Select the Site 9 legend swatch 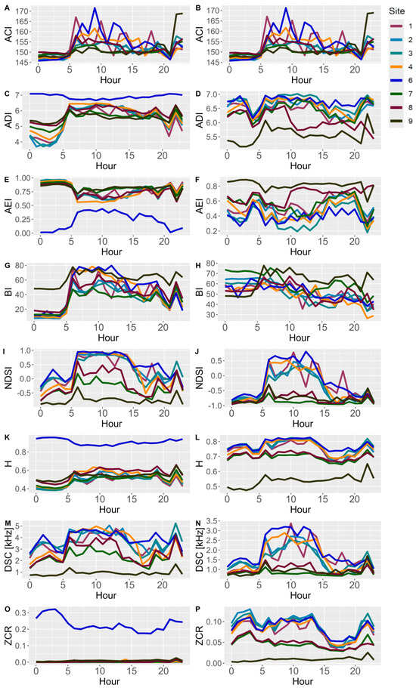click(396, 119)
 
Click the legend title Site click(397, 11)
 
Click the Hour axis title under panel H click(300, 338)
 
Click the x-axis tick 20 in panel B click(355, 69)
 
